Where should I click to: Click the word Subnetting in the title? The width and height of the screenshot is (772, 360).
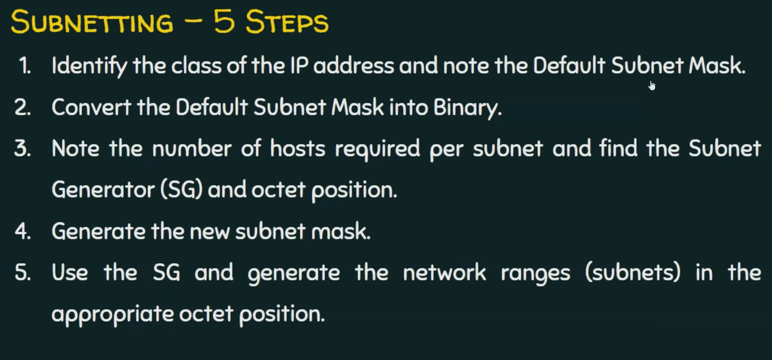[x=92, y=22]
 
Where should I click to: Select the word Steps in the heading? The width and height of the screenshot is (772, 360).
[x=287, y=22]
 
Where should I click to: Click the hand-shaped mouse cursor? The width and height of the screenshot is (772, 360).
[x=652, y=86]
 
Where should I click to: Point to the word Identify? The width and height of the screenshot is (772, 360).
[x=89, y=66]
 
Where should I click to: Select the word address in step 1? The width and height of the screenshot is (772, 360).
[x=353, y=66]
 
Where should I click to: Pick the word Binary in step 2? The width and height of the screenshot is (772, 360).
[x=467, y=108]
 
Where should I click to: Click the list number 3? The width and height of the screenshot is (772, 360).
[x=22, y=149]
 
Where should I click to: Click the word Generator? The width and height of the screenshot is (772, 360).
[x=103, y=190]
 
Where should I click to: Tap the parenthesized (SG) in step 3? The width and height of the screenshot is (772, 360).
[x=181, y=190]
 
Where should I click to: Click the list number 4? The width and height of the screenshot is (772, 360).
[x=22, y=231]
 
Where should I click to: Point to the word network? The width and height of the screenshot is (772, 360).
[x=444, y=273]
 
